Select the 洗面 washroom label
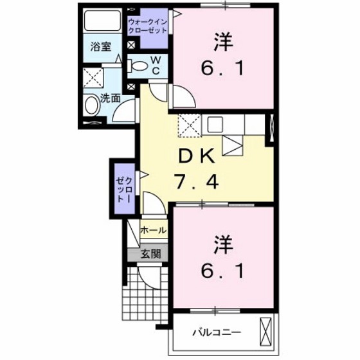pos(110,98)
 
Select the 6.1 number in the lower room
pos(222,273)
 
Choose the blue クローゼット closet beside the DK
pos(123,183)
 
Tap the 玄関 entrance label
pos(151,253)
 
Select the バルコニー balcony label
pos(217,332)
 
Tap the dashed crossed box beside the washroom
pos(94,80)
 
